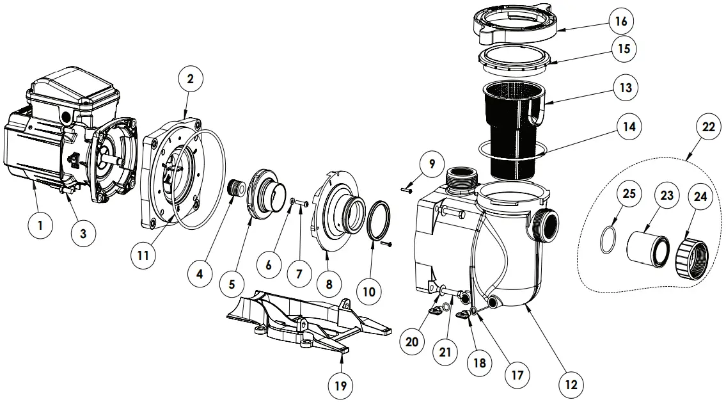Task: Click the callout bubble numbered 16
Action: [621, 21]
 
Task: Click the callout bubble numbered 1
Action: [40, 225]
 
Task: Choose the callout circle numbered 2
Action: [190, 79]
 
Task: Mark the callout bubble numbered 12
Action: [571, 385]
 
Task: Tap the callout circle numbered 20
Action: [411, 342]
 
